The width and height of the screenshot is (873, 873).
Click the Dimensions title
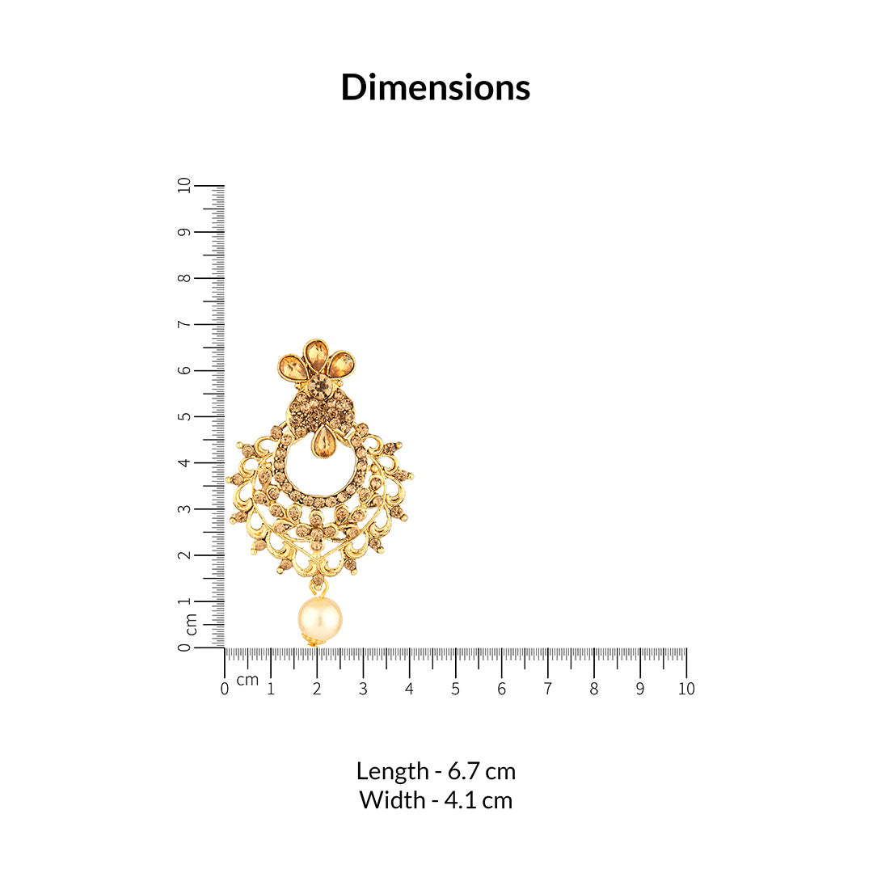click(436, 87)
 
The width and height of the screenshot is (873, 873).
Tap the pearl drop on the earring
click(319, 620)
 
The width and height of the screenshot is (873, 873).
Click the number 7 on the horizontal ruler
click(548, 690)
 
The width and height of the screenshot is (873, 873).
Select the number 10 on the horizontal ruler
click(686, 690)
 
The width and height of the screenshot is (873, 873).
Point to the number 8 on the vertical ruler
click(184, 278)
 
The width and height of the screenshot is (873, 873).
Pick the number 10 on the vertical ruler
click(184, 185)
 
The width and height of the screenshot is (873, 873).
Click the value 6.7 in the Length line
click(464, 771)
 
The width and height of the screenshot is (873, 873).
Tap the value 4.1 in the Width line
click(461, 800)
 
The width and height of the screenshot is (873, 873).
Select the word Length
click(393, 772)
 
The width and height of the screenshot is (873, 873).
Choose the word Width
click(393, 800)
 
